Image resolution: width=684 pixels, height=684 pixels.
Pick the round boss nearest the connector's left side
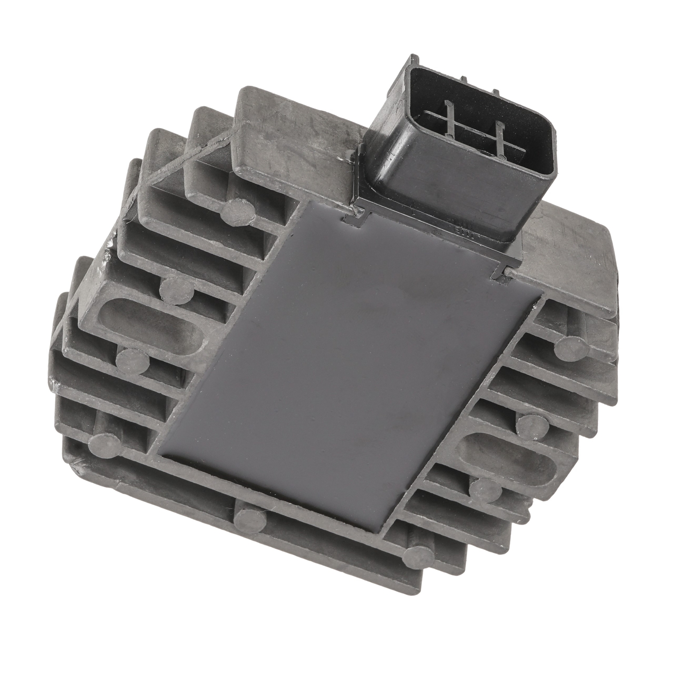(238, 208)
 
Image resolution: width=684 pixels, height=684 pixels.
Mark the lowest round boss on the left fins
(104, 443)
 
